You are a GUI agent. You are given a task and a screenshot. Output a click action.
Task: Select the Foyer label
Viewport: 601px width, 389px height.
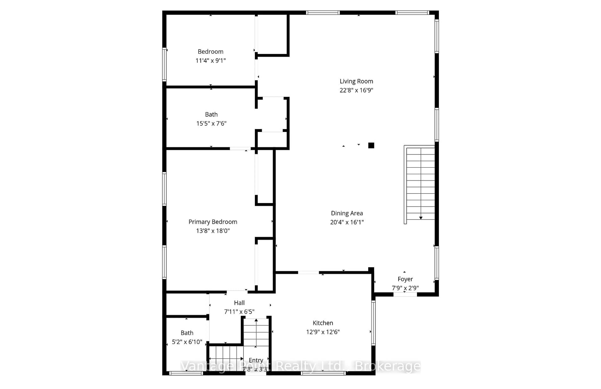[x=405, y=279]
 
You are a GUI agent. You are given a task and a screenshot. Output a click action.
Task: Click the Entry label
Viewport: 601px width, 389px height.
[x=256, y=360]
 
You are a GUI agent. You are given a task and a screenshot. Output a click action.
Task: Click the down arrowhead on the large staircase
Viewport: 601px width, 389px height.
[x=421, y=218]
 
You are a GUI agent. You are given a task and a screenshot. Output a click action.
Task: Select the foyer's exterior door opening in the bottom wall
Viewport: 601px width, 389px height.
[x=405, y=294]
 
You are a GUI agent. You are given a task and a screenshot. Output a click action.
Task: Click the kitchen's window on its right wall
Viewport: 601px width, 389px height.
[x=373, y=323]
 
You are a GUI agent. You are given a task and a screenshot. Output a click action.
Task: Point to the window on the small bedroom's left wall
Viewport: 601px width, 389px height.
[x=164, y=64]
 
